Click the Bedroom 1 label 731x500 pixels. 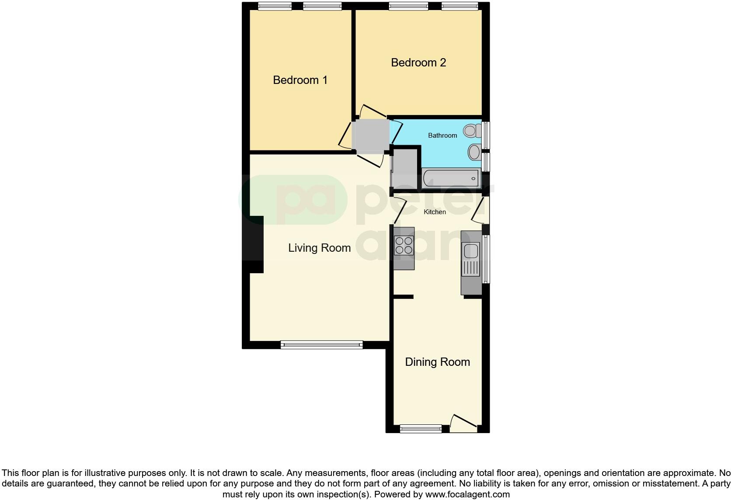click(x=300, y=80)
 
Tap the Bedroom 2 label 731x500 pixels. click(x=418, y=62)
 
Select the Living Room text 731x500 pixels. click(x=319, y=248)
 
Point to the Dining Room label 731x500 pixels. click(x=437, y=362)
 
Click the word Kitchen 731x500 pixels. click(x=435, y=212)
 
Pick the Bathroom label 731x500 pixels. click(x=442, y=135)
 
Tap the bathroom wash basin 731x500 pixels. click(x=474, y=153)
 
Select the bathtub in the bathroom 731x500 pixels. click(x=450, y=178)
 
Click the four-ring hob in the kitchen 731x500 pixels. click(x=404, y=245)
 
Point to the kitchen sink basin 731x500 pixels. click(x=471, y=252)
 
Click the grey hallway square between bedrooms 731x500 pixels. click(x=370, y=135)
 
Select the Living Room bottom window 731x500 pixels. click(x=321, y=345)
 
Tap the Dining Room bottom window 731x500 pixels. click(x=421, y=429)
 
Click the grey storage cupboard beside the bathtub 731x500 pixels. click(x=405, y=169)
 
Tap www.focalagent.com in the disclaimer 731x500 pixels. click(x=467, y=495)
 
